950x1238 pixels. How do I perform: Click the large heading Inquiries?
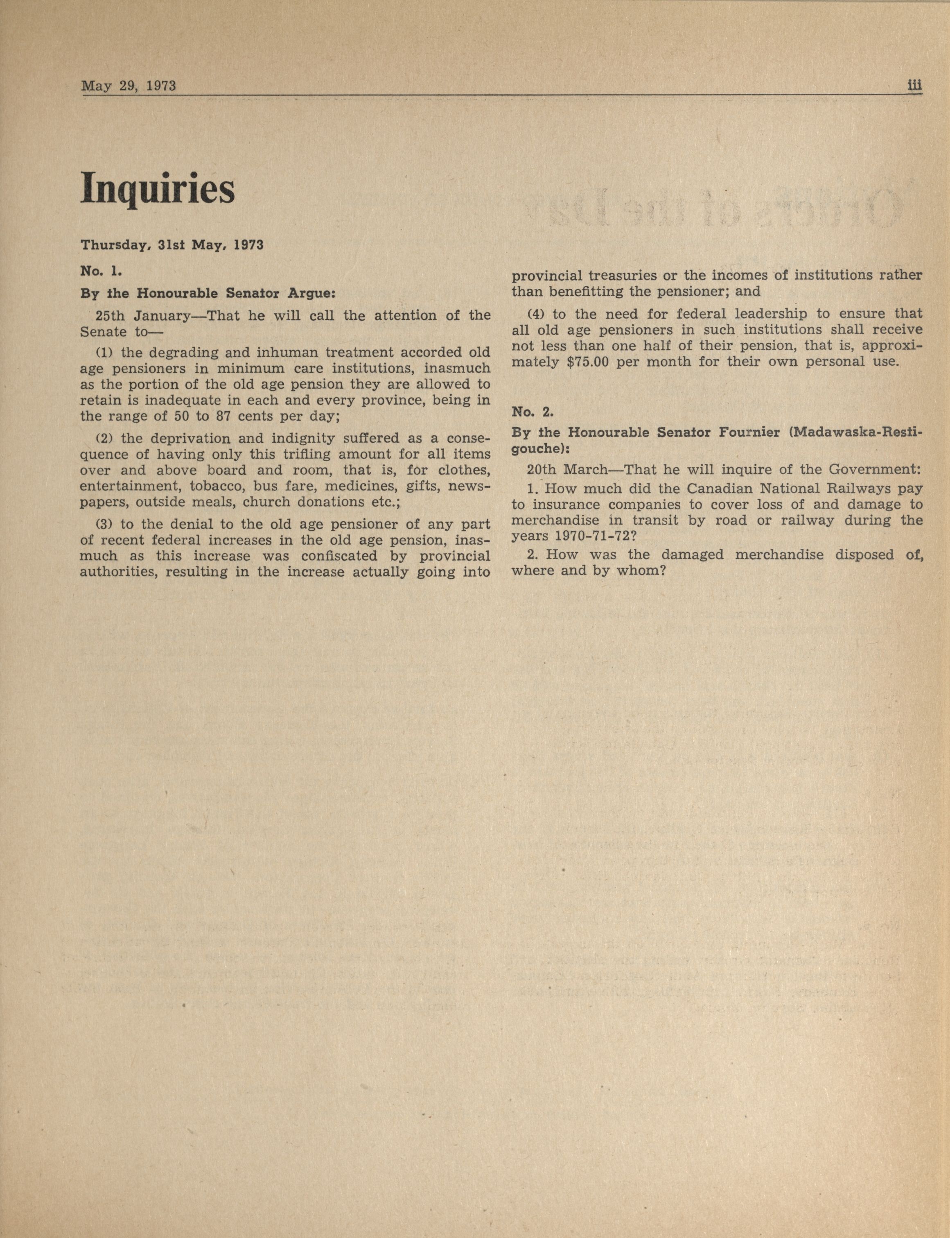(157, 188)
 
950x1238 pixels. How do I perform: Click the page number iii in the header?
(914, 86)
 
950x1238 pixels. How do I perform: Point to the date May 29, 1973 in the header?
(129, 86)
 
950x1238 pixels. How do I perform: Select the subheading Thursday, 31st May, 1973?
(172, 245)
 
